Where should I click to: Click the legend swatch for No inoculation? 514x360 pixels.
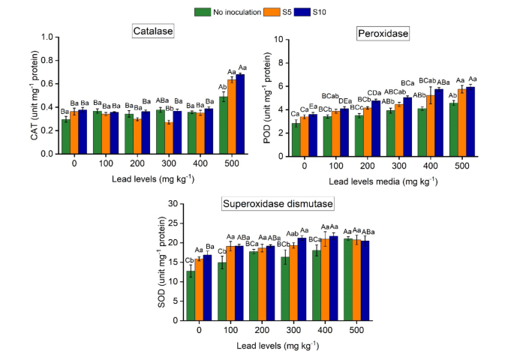[x=202, y=12]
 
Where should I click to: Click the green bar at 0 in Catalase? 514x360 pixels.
[x=66, y=136]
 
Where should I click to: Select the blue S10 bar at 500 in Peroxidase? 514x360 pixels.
[x=471, y=120]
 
